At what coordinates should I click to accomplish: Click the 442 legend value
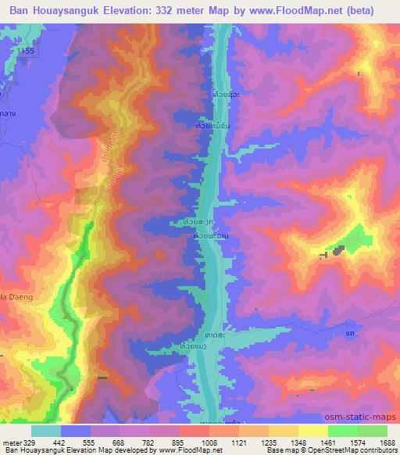click(x=61, y=442)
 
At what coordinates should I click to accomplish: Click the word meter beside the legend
click(x=9, y=442)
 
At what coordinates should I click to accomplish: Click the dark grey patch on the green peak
click(x=338, y=251)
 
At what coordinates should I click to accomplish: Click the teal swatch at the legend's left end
click(x=46, y=431)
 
